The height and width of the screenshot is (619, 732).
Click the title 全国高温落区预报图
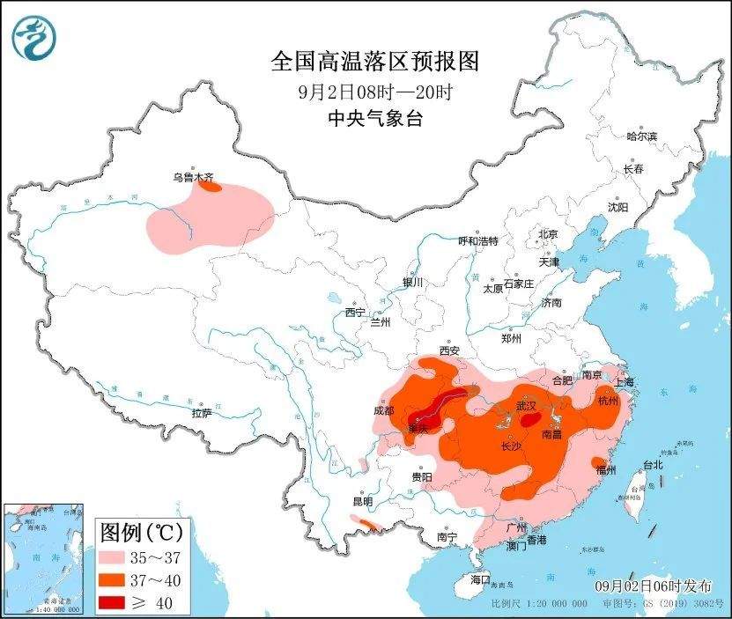[x=374, y=62]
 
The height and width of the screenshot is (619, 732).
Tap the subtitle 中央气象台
[x=374, y=119]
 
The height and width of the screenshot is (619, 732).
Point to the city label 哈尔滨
[x=641, y=136]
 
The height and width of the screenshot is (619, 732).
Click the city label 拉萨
[x=201, y=413]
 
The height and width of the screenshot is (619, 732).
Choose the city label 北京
[x=548, y=234]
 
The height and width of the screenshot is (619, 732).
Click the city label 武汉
[x=526, y=406]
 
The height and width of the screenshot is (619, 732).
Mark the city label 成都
[x=384, y=409]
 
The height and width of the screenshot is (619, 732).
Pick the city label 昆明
[x=362, y=501]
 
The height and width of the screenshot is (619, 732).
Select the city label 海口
[x=479, y=579]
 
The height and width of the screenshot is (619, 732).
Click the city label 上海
[x=625, y=382]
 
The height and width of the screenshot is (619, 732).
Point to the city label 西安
[x=449, y=350]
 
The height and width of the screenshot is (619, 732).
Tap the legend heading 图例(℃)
[x=140, y=532]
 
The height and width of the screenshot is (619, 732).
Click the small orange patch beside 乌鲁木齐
[x=209, y=186]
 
